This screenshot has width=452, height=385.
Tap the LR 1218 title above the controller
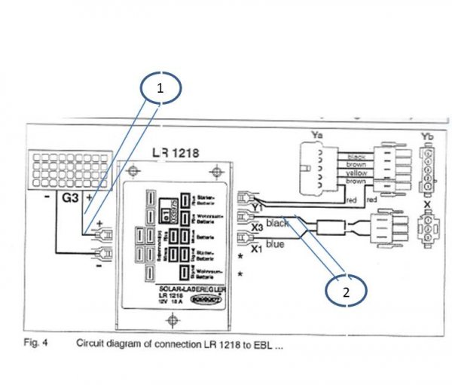pyautogui.click(x=176, y=153)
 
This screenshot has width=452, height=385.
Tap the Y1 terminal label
pyautogui.click(x=258, y=206)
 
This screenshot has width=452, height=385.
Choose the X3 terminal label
pyautogui.click(x=258, y=225)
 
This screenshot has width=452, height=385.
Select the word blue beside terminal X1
pyautogui.click(x=276, y=243)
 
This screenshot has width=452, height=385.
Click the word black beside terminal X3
pyautogui.click(x=278, y=224)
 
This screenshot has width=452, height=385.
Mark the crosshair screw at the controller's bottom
pyautogui.click(x=175, y=321)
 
